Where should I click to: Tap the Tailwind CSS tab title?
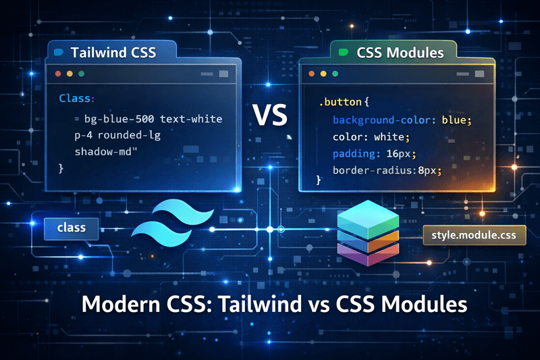point(113,52)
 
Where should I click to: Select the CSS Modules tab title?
point(400,52)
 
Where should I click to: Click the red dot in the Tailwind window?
point(58,73)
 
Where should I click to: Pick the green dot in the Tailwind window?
point(82,73)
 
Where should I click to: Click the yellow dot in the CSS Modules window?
point(323,73)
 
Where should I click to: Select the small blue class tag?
point(71,228)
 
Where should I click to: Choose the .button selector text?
point(341,103)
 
